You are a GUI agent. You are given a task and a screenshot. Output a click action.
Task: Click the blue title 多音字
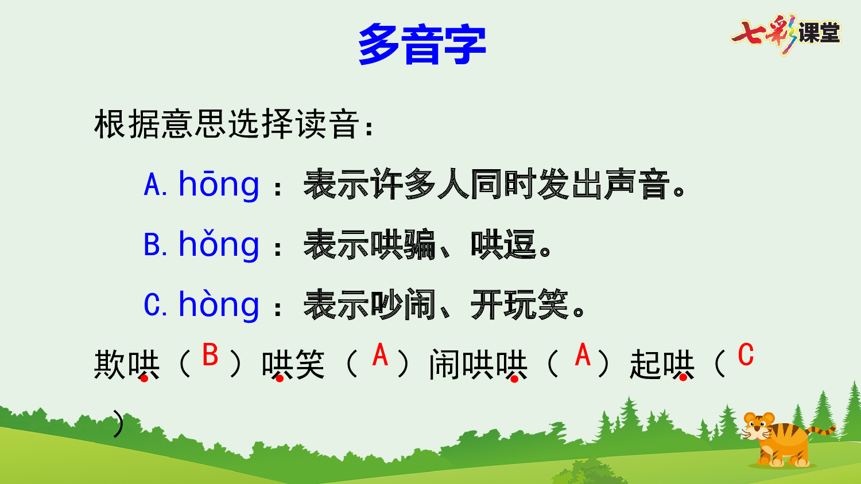[422, 44]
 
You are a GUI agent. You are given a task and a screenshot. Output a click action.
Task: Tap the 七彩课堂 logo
[785, 33]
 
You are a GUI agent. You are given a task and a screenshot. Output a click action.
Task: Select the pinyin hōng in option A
[219, 185]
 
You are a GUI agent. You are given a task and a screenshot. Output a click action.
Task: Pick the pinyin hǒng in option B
[219, 245]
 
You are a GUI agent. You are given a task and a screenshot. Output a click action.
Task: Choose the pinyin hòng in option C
[219, 305]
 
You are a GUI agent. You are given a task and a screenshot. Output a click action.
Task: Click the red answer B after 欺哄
[210, 355]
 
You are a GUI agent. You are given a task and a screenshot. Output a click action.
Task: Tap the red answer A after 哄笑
[380, 355]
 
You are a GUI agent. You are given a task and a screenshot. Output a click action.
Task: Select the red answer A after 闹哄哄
[583, 355]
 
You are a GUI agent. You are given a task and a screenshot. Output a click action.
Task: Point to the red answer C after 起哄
[746, 355]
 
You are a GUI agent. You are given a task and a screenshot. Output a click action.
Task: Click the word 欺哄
[127, 365]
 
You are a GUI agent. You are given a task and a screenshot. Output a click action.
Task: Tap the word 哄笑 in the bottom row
[293, 365]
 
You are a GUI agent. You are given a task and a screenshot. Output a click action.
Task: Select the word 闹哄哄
[478, 365]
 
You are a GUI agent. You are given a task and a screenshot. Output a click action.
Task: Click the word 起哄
[662, 365]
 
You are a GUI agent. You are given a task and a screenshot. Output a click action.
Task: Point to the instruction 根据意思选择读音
[227, 124]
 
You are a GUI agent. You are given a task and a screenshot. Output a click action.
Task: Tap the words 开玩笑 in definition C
[519, 305]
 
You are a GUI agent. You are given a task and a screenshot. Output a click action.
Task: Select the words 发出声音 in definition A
[603, 185]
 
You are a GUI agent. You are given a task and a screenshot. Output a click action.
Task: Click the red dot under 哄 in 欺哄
[144, 378]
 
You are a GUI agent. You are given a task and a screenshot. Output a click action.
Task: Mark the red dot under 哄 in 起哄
[683, 377]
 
